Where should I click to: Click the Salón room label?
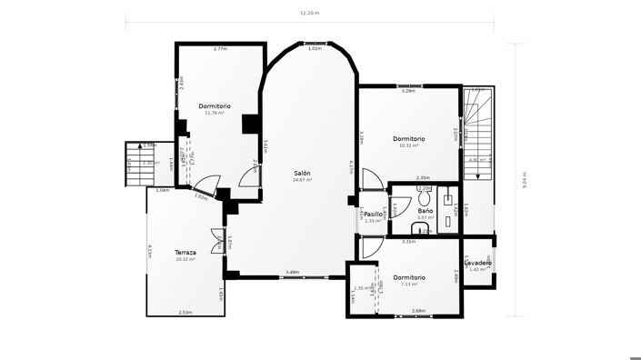coord(302,173)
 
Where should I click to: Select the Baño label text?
coord(425,210)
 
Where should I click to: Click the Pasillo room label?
coord(374,214)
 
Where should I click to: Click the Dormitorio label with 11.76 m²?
coord(215,105)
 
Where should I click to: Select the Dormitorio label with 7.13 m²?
coord(409,277)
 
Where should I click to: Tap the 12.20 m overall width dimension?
coord(309,14)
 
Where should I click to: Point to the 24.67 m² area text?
coord(302,180)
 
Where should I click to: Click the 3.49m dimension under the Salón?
coord(293,272)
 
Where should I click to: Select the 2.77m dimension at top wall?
coord(219,48)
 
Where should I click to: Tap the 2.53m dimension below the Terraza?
coord(185,312)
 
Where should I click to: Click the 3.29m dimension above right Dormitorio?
coord(408,91)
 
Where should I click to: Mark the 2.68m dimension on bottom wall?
coord(418,311)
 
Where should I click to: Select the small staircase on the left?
coord(135,164)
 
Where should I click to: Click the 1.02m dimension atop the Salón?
coord(315,48)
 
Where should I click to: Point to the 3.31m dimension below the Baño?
coord(409,242)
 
